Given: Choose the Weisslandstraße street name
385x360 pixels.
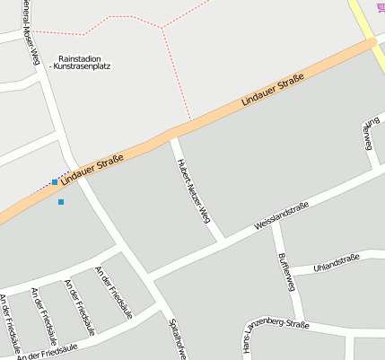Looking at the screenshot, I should click(282, 215).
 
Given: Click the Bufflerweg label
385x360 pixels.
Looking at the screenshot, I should click(286, 270).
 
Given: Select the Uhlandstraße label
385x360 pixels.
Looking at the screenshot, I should click(337, 263).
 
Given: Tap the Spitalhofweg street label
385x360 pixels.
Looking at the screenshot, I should click(176, 338).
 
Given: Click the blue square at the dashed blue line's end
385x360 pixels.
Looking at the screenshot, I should click(55, 182).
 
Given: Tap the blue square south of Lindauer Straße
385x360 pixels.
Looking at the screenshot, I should click(61, 202).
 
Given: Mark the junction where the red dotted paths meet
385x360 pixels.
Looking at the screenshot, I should click(162, 27).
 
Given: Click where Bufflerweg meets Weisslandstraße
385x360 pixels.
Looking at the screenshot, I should click(276, 222).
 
